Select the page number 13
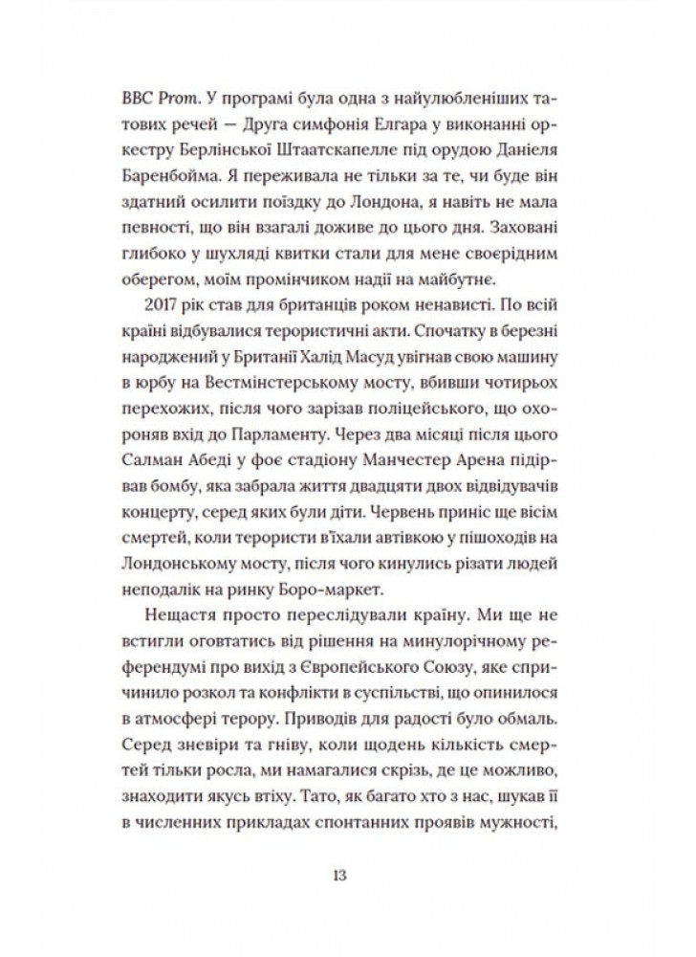(x=340, y=875)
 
